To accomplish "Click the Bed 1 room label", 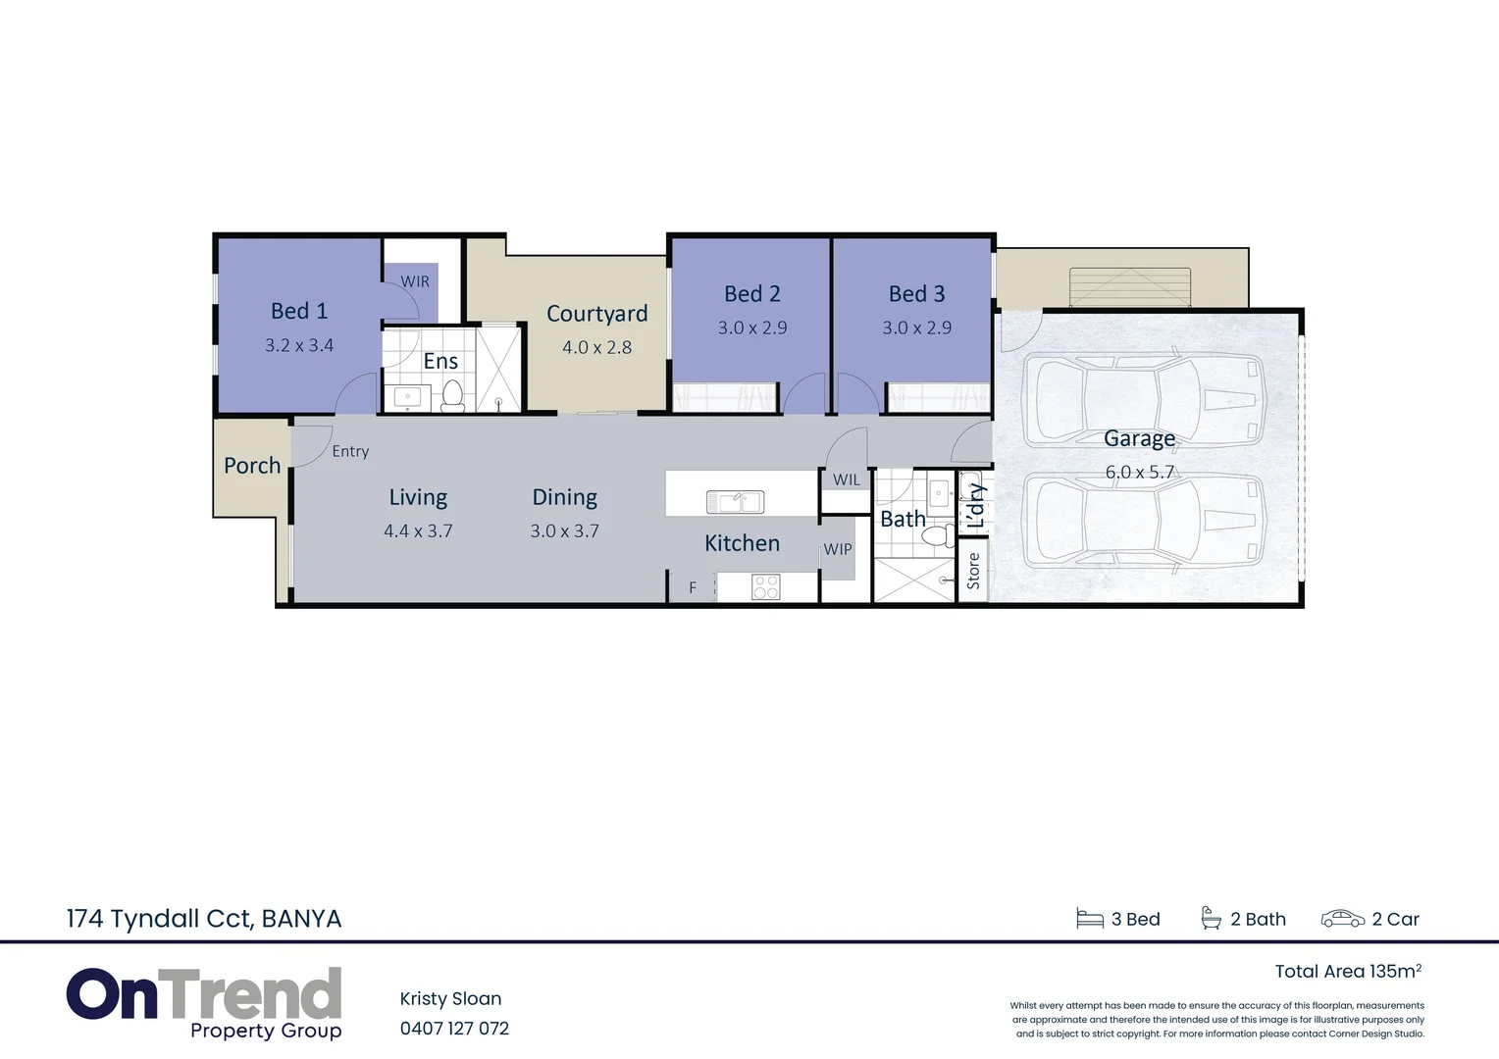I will (298, 311).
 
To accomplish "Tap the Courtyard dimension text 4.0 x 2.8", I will (596, 347).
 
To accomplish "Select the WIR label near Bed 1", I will (414, 281).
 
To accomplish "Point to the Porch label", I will (252, 466).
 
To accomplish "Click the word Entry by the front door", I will (350, 451).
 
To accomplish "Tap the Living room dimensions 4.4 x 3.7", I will (418, 530).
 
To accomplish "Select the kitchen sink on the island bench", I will (735, 502).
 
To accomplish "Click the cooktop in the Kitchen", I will (765, 586).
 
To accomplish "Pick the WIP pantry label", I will (838, 549).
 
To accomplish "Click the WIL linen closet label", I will (847, 479).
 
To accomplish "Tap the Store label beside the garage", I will (973, 571).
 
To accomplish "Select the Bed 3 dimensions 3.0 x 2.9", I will (916, 328).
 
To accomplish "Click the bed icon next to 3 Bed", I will (1090, 919).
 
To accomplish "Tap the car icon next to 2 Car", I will (1342, 919).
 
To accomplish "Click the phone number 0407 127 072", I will (454, 1029).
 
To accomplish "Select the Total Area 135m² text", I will (1347, 971).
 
